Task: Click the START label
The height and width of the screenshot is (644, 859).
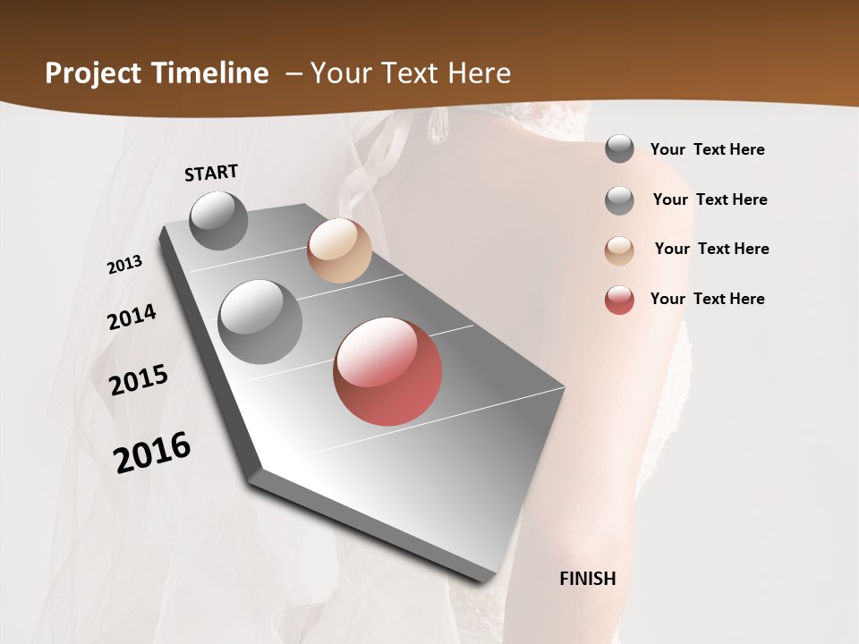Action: pos(211,173)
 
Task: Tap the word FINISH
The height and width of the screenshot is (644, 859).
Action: pos(588,579)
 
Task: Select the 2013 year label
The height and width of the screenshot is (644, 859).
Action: pos(125,265)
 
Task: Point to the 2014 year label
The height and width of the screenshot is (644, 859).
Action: pos(132,318)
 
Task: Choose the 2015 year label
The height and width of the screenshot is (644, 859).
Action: pos(139,380)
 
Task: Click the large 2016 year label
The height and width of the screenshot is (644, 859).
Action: pos(152,453)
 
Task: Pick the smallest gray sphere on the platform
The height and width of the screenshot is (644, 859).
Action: pos(218,220)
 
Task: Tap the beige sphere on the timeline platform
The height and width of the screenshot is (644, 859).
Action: pos(339,250)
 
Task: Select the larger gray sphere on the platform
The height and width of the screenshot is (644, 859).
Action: pos(260,322)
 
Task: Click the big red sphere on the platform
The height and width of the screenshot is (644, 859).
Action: pos(387,371)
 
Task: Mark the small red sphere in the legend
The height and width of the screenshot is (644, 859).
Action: pos(619,300)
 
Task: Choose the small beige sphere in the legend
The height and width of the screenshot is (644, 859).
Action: pos(619,250)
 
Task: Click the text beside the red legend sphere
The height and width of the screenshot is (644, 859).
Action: pos(707,299)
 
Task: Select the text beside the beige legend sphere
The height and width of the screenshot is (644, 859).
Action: pos(711,249)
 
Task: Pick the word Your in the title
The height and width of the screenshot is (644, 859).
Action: pos(340,73)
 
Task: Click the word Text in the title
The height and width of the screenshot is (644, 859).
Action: pos(408,73)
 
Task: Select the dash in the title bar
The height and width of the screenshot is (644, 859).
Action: pos(293,73)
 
